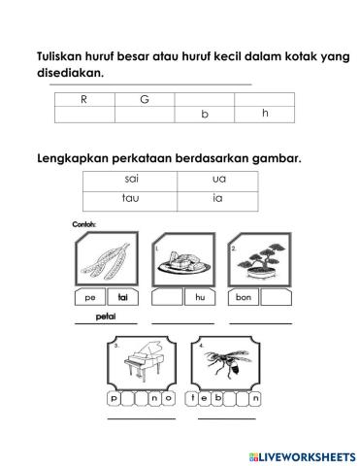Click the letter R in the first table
83,98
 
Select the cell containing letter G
145,98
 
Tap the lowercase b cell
204,115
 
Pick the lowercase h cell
265,114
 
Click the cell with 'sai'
132,180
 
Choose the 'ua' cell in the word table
217,180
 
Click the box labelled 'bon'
243,296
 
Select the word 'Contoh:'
86,223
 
